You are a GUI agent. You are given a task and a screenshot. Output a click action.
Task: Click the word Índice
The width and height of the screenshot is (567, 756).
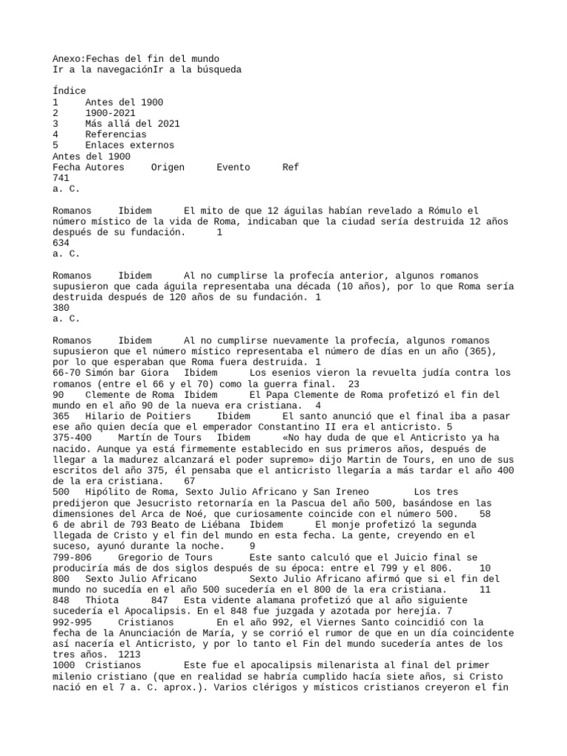69,91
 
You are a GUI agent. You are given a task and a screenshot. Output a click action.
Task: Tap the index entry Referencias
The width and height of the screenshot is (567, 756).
114,135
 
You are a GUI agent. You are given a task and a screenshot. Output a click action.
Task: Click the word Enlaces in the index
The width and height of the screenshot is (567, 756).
106,146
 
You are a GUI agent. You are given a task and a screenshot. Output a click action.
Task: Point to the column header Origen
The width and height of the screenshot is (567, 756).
168,168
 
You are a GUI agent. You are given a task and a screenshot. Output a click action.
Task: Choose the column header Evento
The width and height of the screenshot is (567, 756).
233,168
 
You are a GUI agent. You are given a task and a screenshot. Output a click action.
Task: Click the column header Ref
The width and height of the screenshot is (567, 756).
291,168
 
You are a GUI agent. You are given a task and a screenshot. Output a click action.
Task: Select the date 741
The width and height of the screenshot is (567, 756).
61,179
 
